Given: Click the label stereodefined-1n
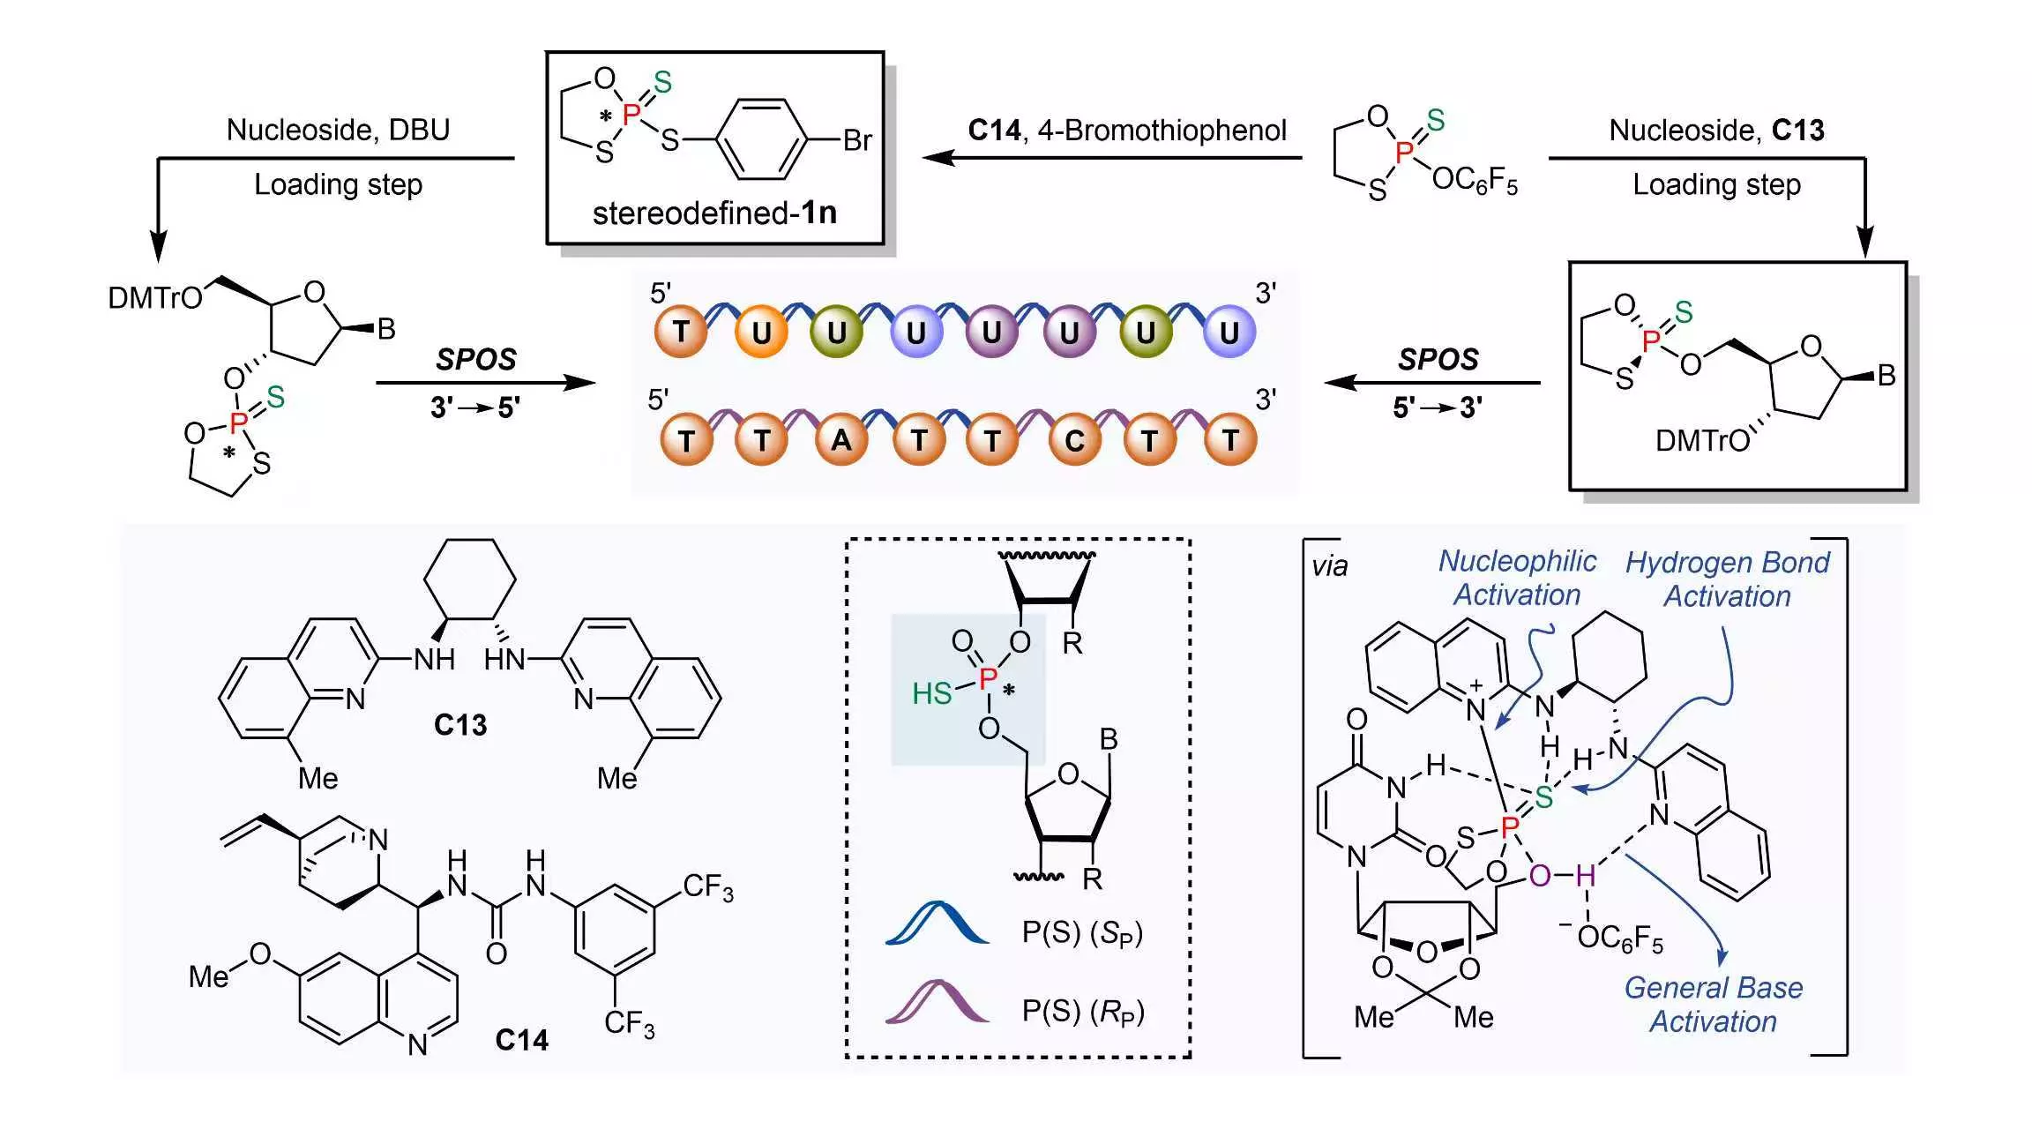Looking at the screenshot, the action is (x=714, y=213).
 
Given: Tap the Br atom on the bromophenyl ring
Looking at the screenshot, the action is (x=857, y=140).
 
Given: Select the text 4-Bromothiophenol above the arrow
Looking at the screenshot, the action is (x=1162, y=131).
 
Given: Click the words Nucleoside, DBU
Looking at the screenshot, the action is (x=338, y=130).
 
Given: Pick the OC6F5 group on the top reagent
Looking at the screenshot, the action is (x=1475, y=181).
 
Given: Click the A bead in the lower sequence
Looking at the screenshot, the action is (x=841, y=438).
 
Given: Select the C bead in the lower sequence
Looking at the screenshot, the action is (x=1075, y=438).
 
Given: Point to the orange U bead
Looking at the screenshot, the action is (x=760, y=332).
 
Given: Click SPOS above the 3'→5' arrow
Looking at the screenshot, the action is (x=476, y=359).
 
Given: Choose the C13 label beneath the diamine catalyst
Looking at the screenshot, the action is (x=460, y=725).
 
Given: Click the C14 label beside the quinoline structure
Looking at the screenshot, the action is (x=521, y=1040).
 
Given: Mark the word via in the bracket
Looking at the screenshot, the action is (x=1329, y=566).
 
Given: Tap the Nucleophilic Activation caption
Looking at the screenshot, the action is (x=1517, y=578).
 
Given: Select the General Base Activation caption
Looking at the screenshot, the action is (x=1713, y=1004).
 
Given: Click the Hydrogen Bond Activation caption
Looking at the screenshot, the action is (x=1727, y=579).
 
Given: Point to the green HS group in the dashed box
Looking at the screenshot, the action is (x=932, y=693).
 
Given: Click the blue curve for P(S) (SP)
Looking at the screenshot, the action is (x=937, y=923).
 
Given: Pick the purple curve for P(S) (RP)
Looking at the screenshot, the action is (x=937, y=1002).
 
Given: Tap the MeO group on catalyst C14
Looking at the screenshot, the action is (x=230, y=966).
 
